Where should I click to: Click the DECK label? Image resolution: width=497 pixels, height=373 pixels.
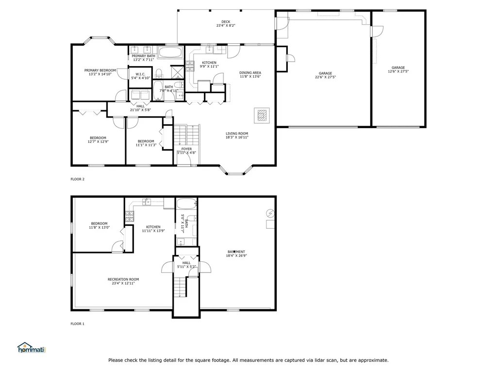pos(226,22)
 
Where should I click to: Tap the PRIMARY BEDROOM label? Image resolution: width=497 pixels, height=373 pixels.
pos(100,70)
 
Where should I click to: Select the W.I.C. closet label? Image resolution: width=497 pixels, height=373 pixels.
pos(140,74)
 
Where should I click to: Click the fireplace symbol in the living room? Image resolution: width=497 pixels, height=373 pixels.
pos(262,116)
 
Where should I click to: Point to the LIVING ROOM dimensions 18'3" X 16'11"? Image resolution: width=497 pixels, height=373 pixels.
pos(237,137)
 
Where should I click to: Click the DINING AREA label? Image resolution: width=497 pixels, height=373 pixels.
pos(250,73)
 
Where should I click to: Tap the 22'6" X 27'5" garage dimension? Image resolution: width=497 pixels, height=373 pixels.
pos(325,77)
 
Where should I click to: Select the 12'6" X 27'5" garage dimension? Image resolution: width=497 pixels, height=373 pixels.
pos(398,71)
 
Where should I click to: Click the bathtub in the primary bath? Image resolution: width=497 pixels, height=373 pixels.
pos(170,52)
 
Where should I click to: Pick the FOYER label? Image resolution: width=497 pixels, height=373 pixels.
pos(186,149)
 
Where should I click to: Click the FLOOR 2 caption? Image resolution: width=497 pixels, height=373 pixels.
pos(77,179)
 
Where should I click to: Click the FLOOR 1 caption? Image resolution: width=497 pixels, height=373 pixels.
pos(77,324)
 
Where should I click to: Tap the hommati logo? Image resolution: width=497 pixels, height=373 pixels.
pos(32,348)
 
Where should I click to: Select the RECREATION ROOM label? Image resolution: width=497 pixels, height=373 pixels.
pos(123,279)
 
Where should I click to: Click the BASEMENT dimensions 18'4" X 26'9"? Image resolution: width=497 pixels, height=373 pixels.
pos(236,255)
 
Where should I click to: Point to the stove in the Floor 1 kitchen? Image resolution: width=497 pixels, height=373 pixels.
pos(130,216)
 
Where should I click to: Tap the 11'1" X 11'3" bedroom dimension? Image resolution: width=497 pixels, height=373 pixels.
pos(146,145)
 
